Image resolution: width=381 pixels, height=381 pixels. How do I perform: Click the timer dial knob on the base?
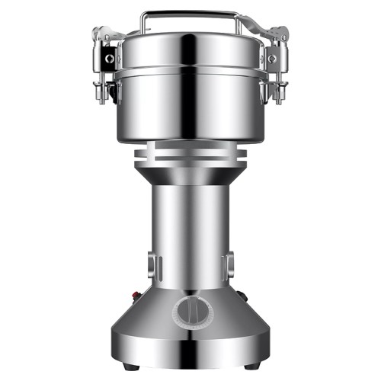(190, 313)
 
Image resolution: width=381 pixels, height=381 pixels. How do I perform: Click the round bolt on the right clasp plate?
(271, 59)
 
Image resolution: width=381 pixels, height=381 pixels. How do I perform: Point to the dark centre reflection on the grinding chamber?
(190, 107)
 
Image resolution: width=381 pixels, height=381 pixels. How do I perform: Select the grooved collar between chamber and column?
(190, 157)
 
